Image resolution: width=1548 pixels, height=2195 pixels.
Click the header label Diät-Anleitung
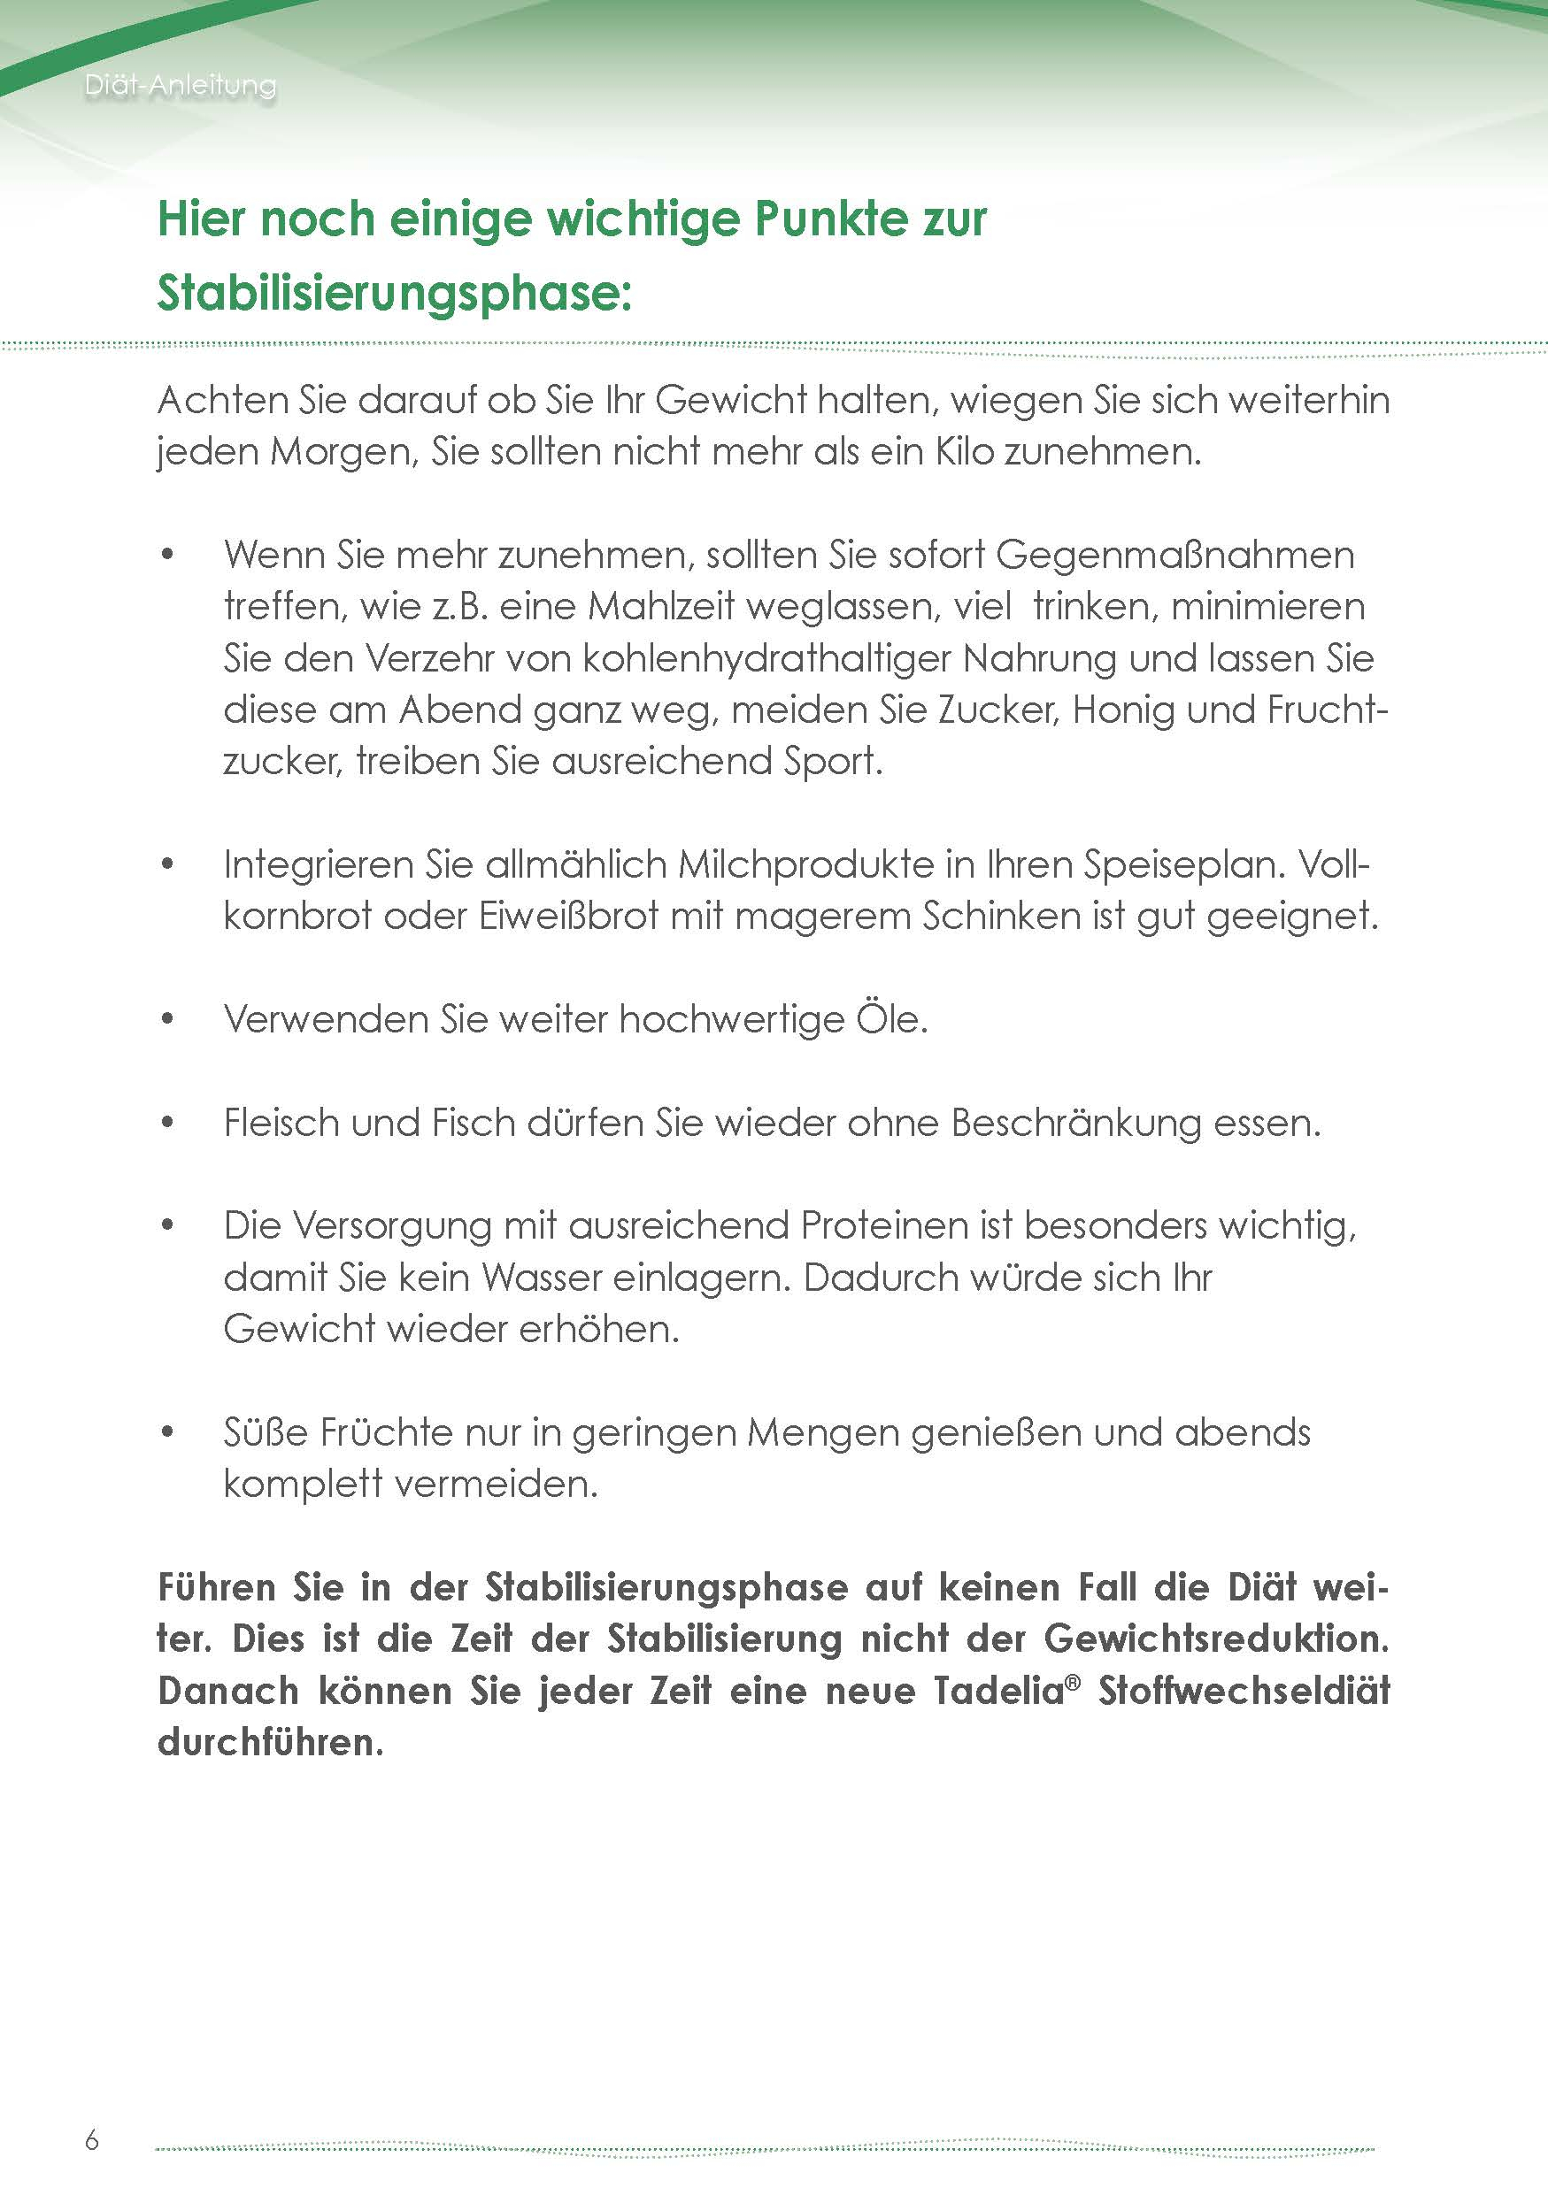click(180, 85)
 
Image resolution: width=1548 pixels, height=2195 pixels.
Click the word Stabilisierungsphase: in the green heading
click(395, 293)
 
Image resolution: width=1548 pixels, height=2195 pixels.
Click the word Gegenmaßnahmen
click(1175, 555)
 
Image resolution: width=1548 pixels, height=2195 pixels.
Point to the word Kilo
click(965, 451)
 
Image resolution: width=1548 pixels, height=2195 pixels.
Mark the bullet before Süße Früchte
click(168, 1432)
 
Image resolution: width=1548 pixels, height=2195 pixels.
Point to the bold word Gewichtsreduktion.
click(1216, 1639)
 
